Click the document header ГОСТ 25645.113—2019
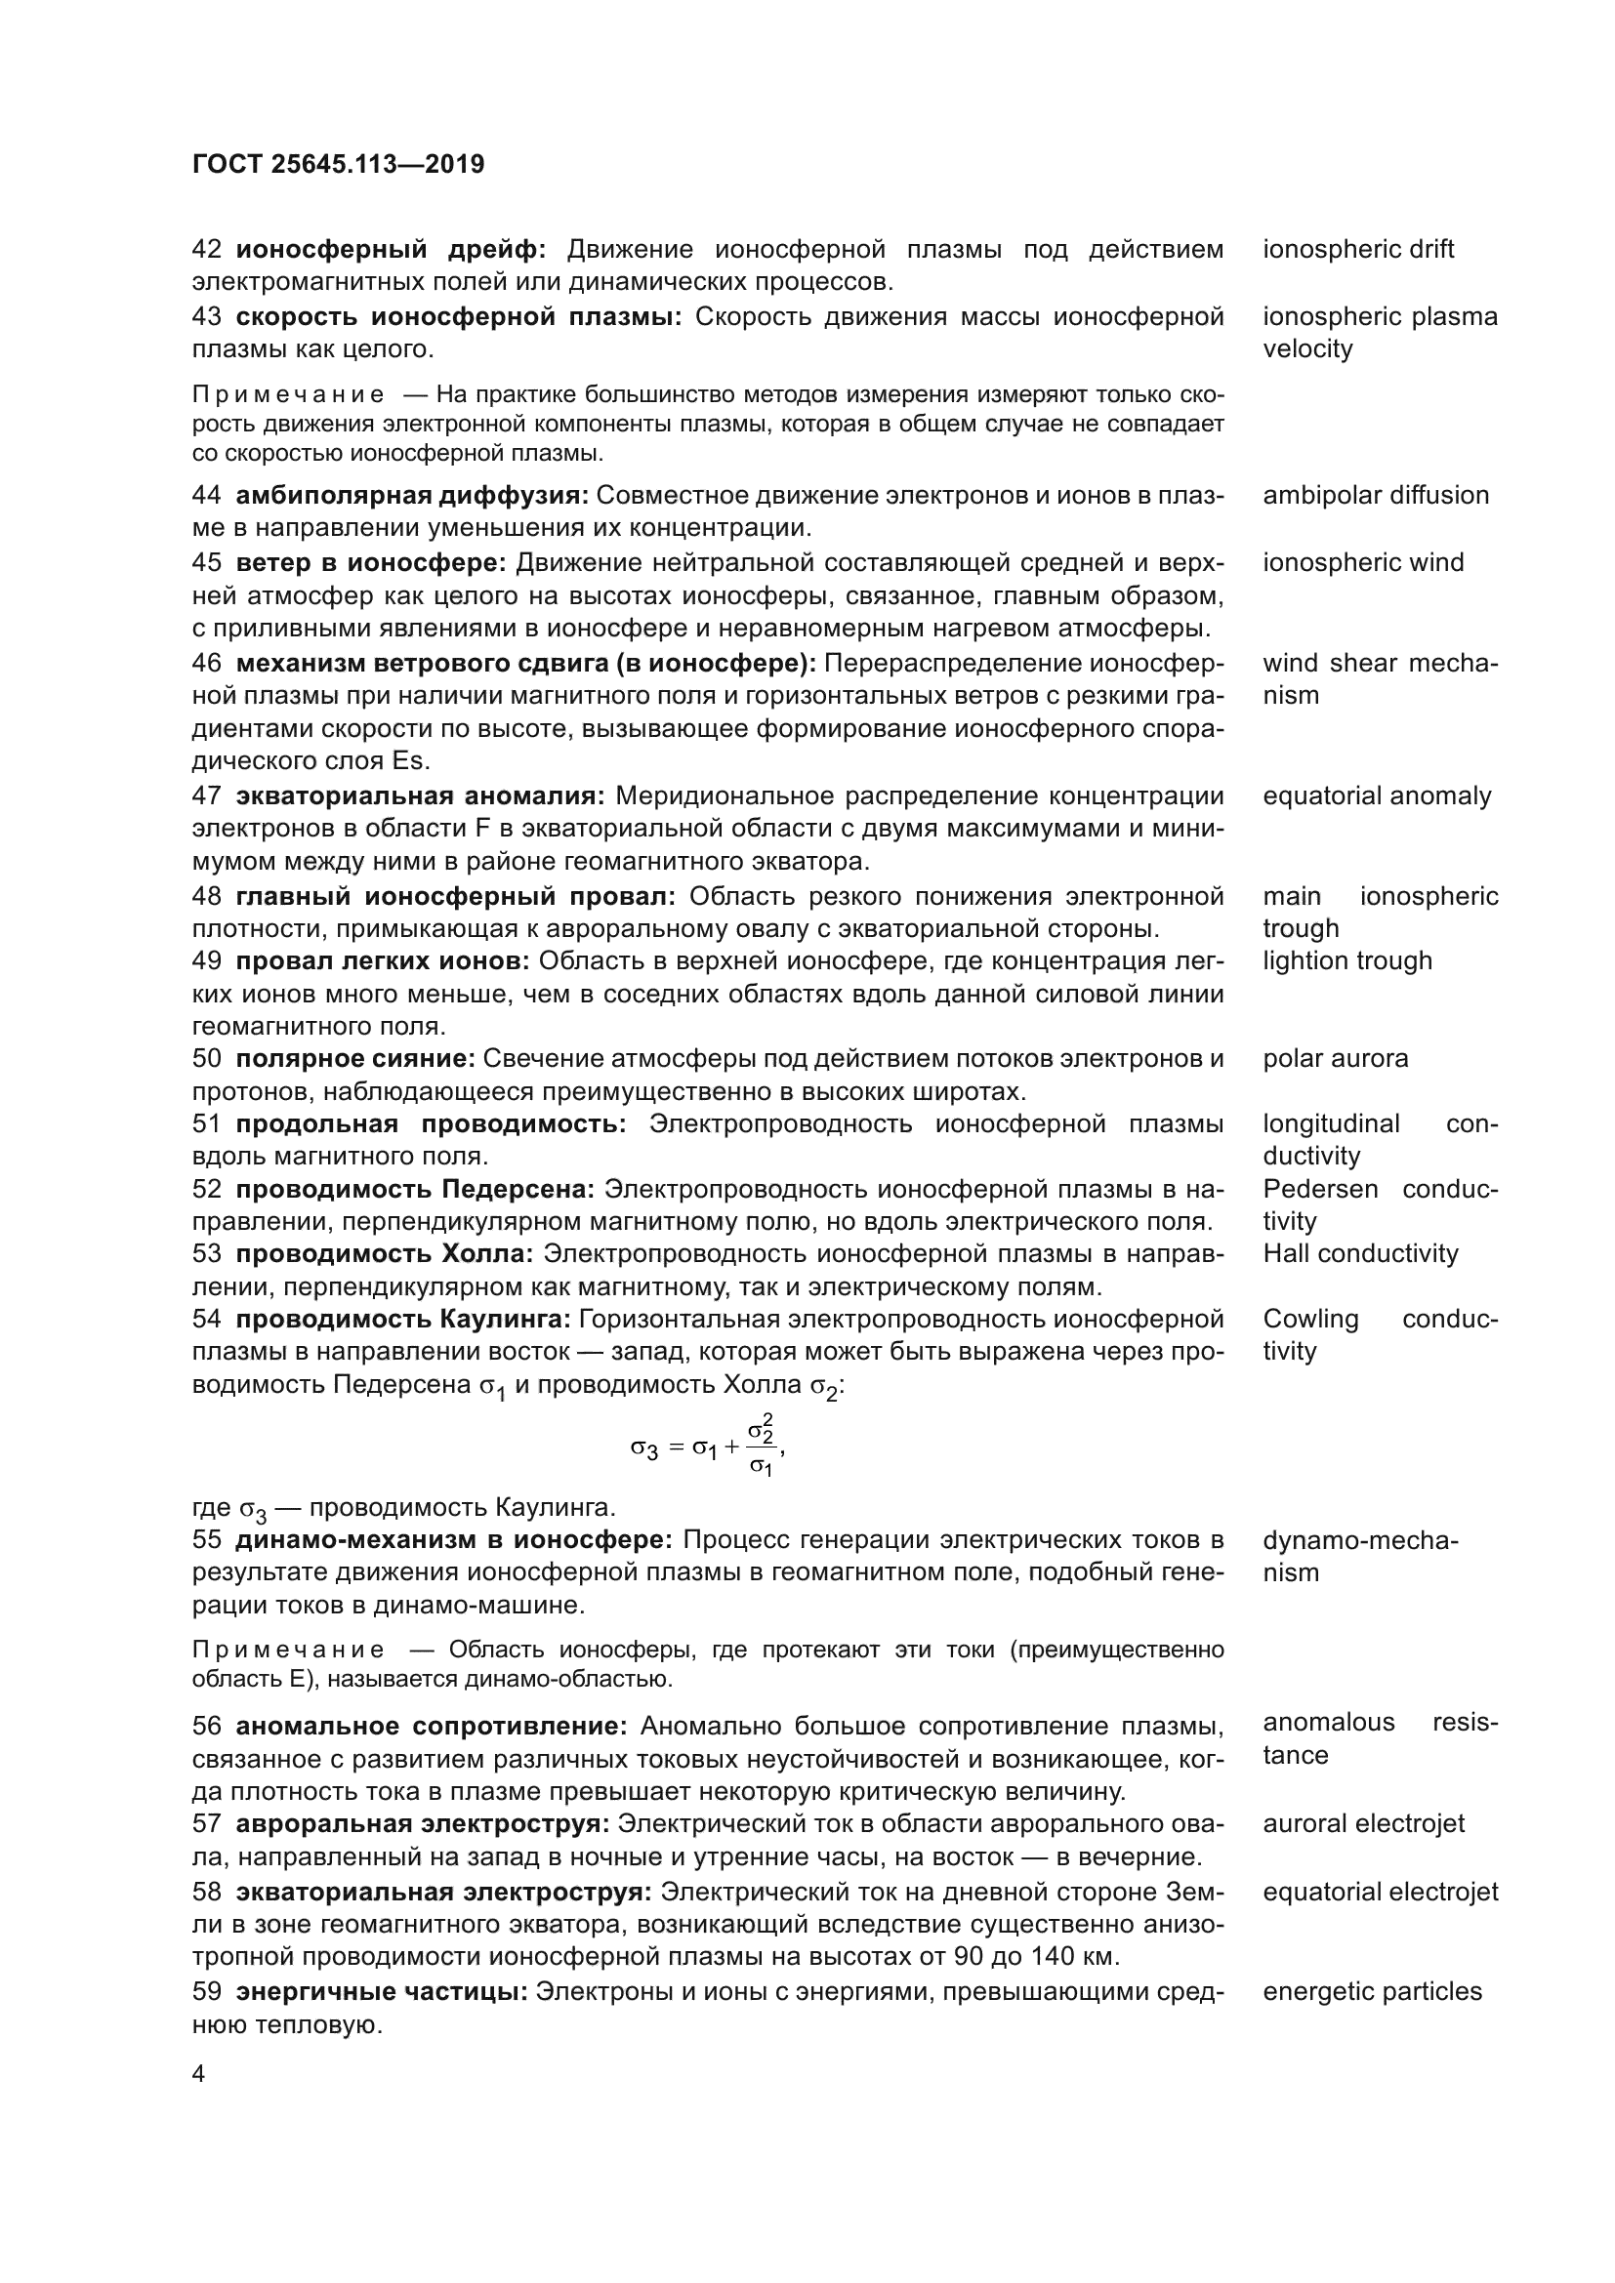tap(338, 164)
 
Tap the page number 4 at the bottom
tap(199, 2074)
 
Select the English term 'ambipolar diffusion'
tap(1376, 495)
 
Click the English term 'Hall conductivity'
tap(1359, 1253)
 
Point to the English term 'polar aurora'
tap(1336, 1058)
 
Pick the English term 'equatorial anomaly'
tap(1377, 795)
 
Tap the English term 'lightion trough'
tap(1347, 960)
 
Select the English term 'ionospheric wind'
tap(1363, 562)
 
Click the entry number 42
tap(206, 249)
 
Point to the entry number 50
tap(206, 1058)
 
